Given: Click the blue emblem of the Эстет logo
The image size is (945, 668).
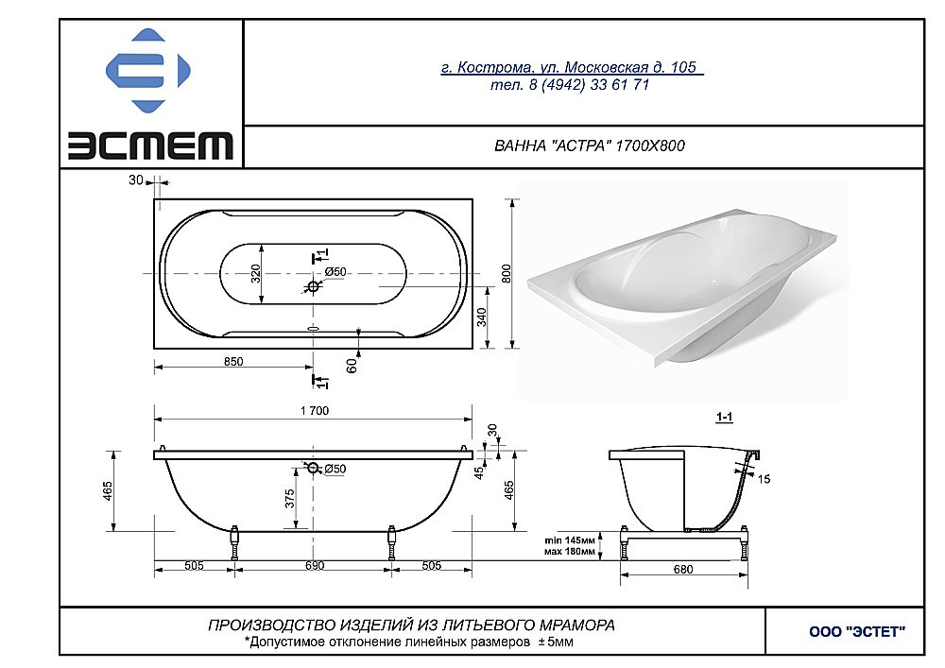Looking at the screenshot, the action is (x=148, y=71).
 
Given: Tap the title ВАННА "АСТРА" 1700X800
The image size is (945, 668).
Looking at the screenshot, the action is (x=590, y=146).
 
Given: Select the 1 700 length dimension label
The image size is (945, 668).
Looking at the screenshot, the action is (x=315, y=411).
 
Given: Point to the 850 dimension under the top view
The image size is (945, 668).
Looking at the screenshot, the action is (x=233, y=362).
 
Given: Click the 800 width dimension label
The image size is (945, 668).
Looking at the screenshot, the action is (x=507, y=273).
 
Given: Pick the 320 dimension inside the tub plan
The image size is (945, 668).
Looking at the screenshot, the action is (x=255, y=273).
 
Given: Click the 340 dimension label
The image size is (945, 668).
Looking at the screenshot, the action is (x=482, y=317).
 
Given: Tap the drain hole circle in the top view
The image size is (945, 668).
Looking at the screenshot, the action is (x=313, y=286).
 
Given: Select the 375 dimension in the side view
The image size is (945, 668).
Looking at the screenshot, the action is (x=290, y=498).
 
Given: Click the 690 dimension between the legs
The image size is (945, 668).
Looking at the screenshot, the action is (x=315, y=566).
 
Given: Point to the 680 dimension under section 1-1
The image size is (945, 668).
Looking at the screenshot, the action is (x=683, y=569).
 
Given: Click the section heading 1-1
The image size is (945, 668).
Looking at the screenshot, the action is (x=724, y=417).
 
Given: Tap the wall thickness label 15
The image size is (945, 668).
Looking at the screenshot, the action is (x=764, y=479).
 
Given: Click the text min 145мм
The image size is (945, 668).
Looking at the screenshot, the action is (x=570, y=540).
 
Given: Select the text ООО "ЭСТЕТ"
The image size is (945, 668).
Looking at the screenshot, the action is (x=857, y=632).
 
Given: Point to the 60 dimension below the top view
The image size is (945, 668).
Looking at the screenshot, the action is (x=352, y=365).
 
